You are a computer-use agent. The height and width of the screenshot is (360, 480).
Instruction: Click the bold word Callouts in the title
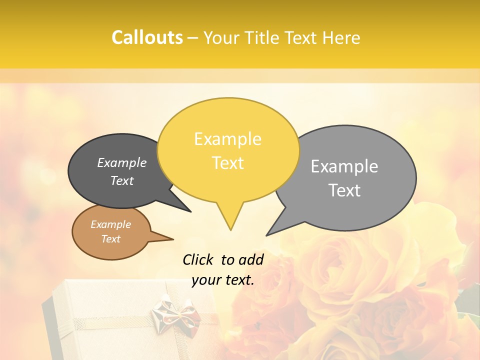(147, 37)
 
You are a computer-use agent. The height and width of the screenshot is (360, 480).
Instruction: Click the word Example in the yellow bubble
(227, 139)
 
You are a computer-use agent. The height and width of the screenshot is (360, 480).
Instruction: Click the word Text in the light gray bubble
(344, 190)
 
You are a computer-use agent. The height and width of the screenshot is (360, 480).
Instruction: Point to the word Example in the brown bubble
(110, 224)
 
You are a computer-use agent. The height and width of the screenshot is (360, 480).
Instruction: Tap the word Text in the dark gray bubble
(122, 181)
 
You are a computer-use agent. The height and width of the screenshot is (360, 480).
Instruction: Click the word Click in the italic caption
(198, 259)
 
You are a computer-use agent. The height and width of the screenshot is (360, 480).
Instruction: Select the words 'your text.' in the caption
(223, 280)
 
